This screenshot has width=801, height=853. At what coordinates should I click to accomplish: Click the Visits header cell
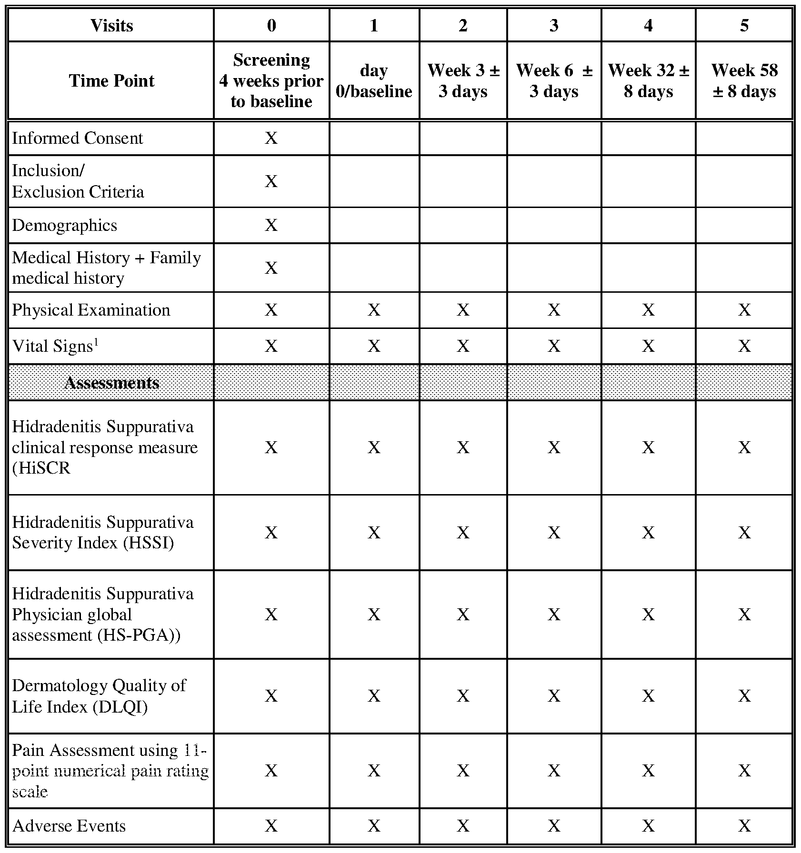(111, 25)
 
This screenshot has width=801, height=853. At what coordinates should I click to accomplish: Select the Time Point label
(111, 80)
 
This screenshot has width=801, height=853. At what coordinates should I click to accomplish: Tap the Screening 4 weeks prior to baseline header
(271, 80)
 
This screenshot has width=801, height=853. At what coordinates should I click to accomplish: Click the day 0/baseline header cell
(374, 80)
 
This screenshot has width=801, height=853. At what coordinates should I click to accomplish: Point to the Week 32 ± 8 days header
(648, 80)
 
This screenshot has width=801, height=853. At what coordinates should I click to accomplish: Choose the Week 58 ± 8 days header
(744, 80)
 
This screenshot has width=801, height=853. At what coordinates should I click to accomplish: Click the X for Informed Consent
(271, 138)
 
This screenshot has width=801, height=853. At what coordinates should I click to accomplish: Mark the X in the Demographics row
(271, 225)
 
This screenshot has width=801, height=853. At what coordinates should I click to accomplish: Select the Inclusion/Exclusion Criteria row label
(78, 181)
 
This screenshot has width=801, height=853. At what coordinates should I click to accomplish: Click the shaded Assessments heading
(111, 383)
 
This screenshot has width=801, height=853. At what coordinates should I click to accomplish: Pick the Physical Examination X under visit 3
(554, 310)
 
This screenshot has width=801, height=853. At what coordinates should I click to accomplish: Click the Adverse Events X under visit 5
(744, 825)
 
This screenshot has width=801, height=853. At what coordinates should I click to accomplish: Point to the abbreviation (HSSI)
(148, 543)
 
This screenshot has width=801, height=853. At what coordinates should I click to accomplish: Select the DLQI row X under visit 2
(463, 696)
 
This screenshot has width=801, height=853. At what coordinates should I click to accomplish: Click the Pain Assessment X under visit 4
(648, 770)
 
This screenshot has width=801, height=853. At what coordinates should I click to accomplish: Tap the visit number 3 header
(554, 25)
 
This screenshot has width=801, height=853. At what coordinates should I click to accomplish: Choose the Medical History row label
(106, 268)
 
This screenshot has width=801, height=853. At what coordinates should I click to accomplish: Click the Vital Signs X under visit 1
(374, 346)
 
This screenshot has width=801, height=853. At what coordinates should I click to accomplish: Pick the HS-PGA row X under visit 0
(271, 614)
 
